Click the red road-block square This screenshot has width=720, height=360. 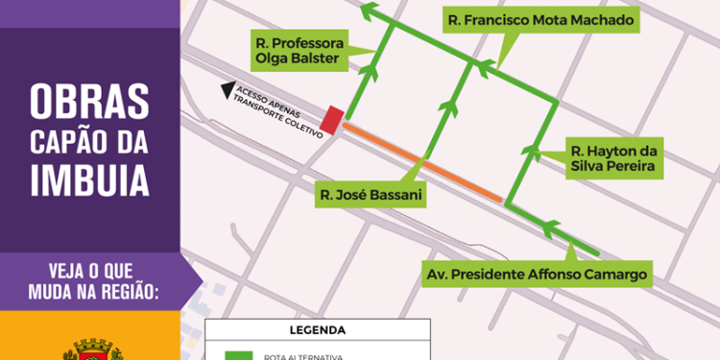(331, 120)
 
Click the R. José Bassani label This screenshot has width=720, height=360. (372, 196)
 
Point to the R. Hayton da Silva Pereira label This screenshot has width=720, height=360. (613, 157)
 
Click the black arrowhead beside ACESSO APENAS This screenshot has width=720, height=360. (228, 91)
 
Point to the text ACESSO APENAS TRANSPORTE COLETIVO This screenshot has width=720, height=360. (274, 110)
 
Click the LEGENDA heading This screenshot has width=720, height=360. (317, 330)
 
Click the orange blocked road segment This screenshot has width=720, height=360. (422, 161)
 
